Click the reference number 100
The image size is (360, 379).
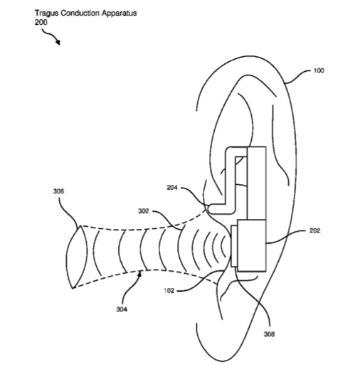(319, 70)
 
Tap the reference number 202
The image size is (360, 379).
(314, 230)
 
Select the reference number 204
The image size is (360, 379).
(172, 187)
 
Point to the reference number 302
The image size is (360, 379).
(144, 211)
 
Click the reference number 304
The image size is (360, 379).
(122, 309)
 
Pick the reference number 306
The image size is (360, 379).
(58, 191)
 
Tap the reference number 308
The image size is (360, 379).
(269, 334)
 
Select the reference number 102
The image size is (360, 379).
(169, 291)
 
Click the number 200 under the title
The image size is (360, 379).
(41, 23)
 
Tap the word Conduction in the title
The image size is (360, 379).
(80, 13)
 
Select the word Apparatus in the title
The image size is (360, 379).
(120, 14)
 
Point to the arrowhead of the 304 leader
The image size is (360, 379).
(139, 273)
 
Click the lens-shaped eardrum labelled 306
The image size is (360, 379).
(77, 257)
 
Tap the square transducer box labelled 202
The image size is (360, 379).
(252, 245)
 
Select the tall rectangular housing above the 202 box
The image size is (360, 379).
(257, 183)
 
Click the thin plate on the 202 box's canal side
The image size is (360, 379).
(234, 246)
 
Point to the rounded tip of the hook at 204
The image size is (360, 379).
(210, 209)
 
